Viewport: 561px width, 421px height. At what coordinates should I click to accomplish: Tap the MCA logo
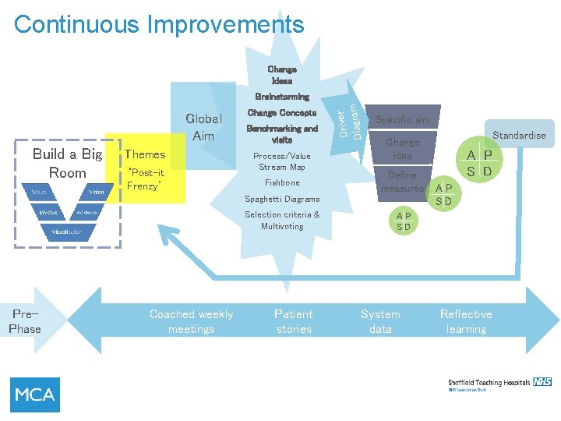tap(35, 394)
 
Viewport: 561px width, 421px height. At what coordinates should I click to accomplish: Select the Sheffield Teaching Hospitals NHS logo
tap(499, 384)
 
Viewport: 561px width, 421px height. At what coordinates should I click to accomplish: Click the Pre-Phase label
tap(25, 321)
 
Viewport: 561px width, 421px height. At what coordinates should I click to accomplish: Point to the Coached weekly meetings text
tap(191, 321)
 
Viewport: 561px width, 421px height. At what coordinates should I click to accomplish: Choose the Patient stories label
tap(294, 321)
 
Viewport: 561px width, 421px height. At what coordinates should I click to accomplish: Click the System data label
tap(380, 321)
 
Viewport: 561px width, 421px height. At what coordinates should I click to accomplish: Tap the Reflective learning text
tap(466, 321)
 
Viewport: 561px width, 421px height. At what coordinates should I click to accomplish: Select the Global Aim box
tap(203, 127)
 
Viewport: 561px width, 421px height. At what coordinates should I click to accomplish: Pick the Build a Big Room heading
tap(67, 163)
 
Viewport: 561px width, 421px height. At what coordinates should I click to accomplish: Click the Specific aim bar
tap(402, 120)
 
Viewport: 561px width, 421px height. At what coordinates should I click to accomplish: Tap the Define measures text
tap(402, 182)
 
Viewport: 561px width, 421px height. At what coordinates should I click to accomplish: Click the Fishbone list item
tap(281, 182)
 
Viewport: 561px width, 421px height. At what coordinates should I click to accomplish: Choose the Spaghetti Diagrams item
tap(281, 199)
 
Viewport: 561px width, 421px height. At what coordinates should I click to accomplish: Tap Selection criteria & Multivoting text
tap(281, 220)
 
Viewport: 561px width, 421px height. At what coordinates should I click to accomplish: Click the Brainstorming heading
tap(281, 97)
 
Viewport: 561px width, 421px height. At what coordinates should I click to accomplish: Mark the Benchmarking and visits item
tap(281, 134)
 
